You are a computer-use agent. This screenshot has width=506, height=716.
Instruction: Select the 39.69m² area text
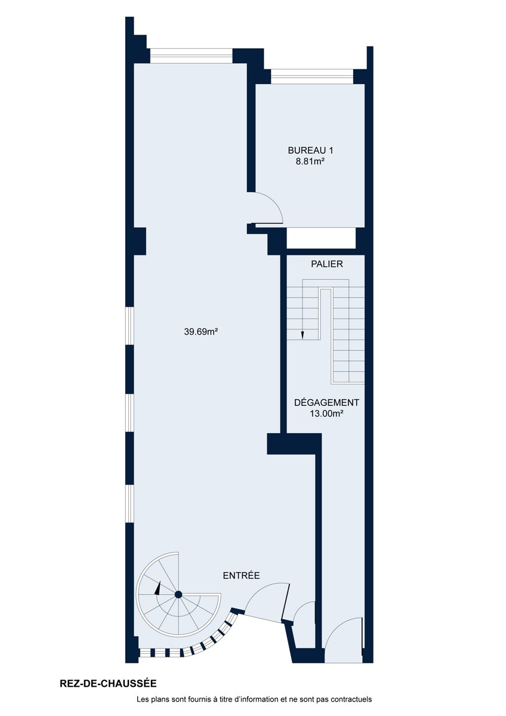click(200, 332)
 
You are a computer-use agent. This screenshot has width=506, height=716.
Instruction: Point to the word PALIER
click(326, 264)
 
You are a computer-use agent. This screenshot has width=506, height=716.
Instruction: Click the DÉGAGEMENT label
click(326, 402)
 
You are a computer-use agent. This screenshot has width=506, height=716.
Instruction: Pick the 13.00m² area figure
click(326, 413)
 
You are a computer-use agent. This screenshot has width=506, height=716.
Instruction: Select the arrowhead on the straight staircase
click(302, 335)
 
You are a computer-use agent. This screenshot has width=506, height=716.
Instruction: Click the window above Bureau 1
click(312, 77)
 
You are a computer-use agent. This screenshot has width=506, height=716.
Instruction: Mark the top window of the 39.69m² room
click(191, 56)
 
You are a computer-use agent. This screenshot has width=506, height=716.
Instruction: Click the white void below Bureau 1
click(321, 238)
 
